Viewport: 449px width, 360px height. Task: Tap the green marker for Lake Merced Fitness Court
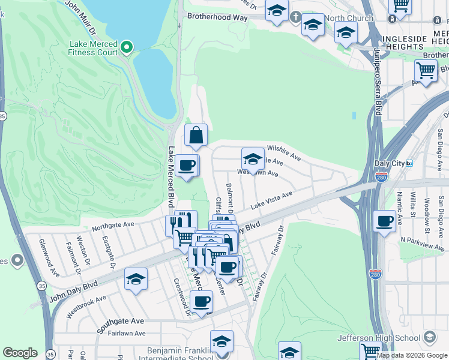click(x=127, y=46)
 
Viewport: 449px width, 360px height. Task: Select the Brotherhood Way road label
click(x=217, y=18)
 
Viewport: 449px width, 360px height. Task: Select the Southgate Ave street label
click(x=121, y=321)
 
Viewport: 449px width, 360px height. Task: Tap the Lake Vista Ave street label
click(x=271, y=200)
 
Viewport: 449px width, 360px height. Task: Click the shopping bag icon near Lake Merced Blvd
click(x=196, y=136)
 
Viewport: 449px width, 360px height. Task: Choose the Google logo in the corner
click(x=20, y=353)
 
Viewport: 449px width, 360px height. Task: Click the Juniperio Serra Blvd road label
click(x=378, y=84)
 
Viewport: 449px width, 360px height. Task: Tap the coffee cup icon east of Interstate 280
click(x=385, y=221)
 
